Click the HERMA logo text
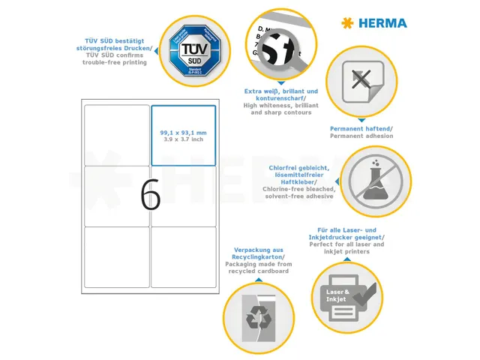pyautogui.click(x=382, y=23)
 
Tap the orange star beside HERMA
pyautogui.click(x=347, y=23)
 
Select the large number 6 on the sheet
pyautogui.click(x=150, y=196)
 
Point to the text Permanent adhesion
pyautogui.click(x=361, y=136)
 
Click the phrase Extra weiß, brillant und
pyautogui.click(x=281, y=91)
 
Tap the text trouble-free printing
pyautogui.click(x=115, y=62)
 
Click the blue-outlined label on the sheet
pyautogui.click(x=184, y=136)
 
